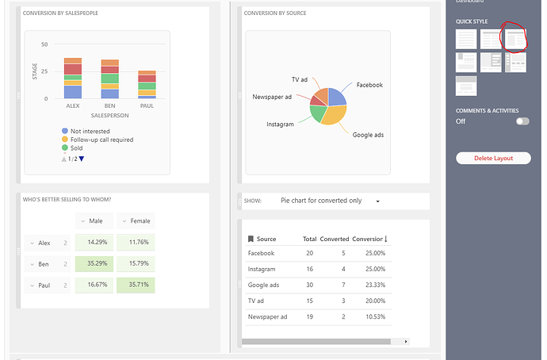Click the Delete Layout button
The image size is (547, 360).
pyautogui.click(x=493, y=158)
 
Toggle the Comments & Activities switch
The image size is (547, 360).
pyautogui.click(x=522, y=121)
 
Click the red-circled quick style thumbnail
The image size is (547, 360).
pyautogui.click(x=515, y=38)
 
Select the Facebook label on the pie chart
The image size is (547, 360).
pyautogui.click(x=369, y=85)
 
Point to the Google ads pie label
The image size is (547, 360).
pyautogui.click(x=368, y=135)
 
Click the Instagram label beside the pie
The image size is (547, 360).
pyautogui.click(x=280, y=124)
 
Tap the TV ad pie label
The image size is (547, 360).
pyautogui.click(x=299, y=79)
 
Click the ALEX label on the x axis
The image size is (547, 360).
pyautogui.click(x=73, y=105)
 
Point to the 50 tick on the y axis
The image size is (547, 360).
pyautogui.click(x=44, y=44)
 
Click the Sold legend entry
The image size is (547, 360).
pyautogui.click(x=76, y=148)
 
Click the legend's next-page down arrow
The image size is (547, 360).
pyautogui.click(x=81, y=159)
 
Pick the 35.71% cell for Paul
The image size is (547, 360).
pyautogui.click(x=136, y=285)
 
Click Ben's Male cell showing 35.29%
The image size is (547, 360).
pyautogui.click(x=94, y=263)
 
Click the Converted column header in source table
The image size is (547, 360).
pyautogui.click(x=334, y=239)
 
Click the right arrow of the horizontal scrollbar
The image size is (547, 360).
pyautogui.click(x=406, y=341)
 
